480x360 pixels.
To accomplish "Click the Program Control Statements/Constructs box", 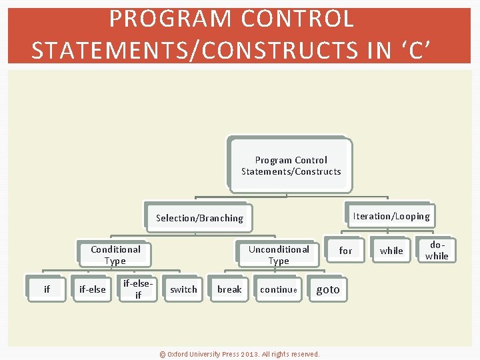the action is point(291,165).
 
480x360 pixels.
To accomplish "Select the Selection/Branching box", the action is point(199,217).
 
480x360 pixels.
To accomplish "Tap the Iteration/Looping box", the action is point(391,215).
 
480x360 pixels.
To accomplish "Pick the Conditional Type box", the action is point(115,255).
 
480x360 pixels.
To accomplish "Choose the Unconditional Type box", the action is point(279,255).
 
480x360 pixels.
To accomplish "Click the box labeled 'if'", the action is point(47,289).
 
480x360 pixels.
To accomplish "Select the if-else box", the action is point(92,289).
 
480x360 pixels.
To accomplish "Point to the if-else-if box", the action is point(138,289).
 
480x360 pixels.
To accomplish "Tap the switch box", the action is point(183,289).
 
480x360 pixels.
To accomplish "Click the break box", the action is point(229,289).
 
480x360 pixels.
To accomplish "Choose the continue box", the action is point(279,289).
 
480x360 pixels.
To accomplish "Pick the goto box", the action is point(328,289).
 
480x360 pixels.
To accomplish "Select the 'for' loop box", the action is point(345,251).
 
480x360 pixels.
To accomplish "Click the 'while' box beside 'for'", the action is point(391,251).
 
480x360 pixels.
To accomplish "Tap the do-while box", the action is point(437,251).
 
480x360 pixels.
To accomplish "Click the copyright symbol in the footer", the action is point(162,354).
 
